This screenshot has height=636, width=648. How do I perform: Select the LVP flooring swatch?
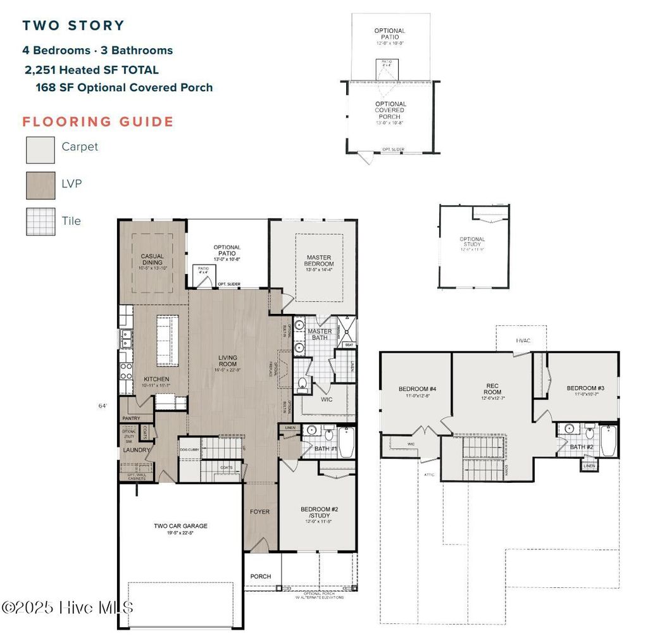[x=40, y=185]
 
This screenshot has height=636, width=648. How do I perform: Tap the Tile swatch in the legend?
[x=40, y=222]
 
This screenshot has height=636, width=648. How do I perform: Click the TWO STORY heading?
[x=73, y=26]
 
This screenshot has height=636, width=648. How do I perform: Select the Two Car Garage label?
[x=180, y=528]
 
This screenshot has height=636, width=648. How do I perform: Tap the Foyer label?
[x=260, y=512]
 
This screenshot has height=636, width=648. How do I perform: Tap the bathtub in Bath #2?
[x=608, y=441]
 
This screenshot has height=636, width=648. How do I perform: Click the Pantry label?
[x=131, y=418]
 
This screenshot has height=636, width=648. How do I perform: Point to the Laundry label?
[x=136, y=450]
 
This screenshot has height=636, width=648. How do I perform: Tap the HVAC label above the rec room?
[x=523, y=340]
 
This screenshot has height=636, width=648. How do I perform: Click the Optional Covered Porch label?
[x=390, y=110]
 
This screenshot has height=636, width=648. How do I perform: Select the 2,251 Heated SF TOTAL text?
[x=92, y=70]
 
